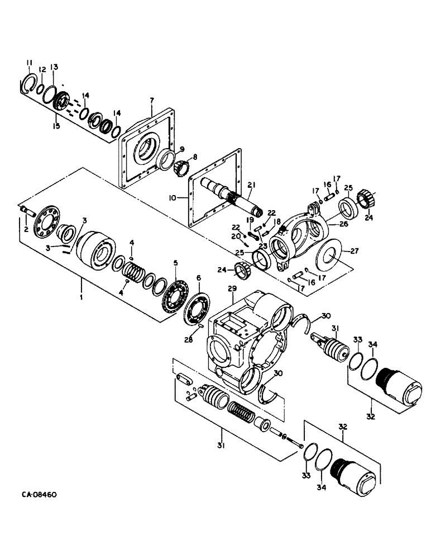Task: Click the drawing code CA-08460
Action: point(39,495)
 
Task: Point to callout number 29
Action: point(233,288)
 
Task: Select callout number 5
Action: point(175,263)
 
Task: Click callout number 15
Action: point(56,127)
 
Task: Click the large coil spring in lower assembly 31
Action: point(241,417)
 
